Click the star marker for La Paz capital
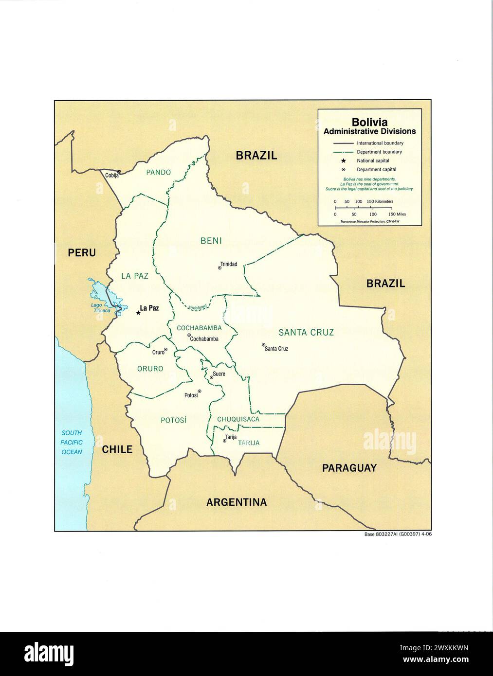(138, 313)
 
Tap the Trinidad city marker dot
(219, 268)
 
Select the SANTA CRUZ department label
(306, 333)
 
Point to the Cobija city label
(112, 176)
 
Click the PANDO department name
(159, 172)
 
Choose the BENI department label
(211, 240)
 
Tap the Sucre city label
(219, 374)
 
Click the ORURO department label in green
(150, 369)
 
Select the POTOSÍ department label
(174, 420)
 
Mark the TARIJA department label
(249, 443)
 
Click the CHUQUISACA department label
(238, 419)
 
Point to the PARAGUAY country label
(349, 468)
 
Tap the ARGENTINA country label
(237, 502)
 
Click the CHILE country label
(117, 449)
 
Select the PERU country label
(82, 253)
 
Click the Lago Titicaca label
(100, 308)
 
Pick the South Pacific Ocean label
(72, 442)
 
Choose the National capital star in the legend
(343, 161)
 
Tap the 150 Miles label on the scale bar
(397, 214)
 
